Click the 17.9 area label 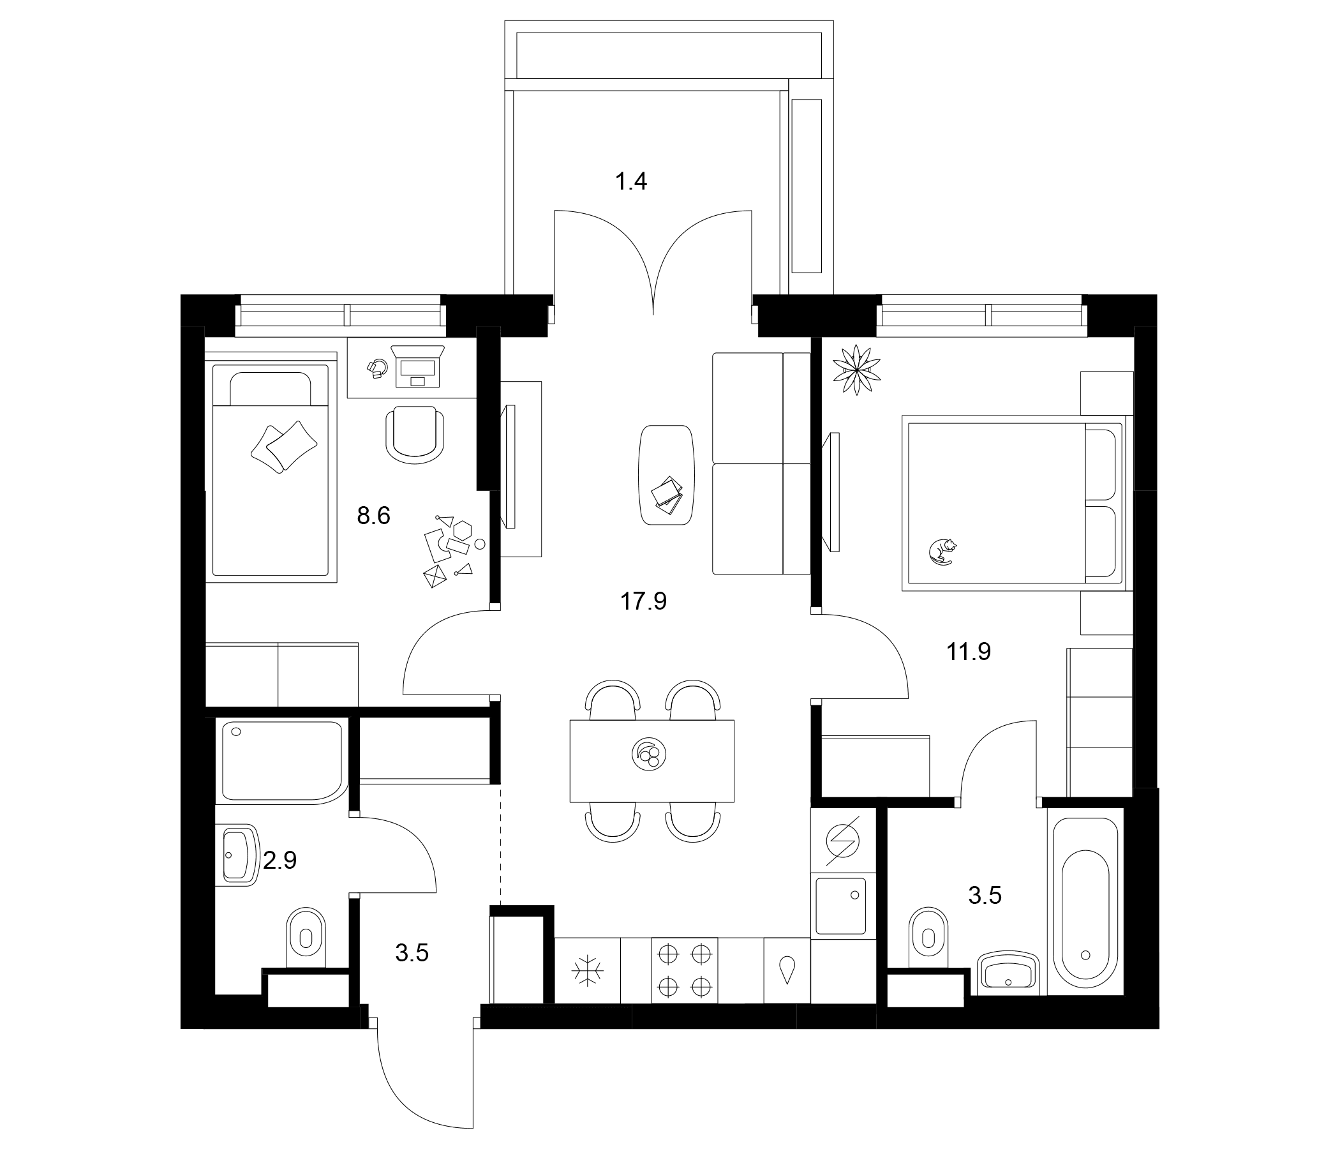pos(643,602)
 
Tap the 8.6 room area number pos(374,516)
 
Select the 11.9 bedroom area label pos(969,652)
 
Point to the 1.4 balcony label pos(630,182)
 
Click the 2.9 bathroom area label pos(280,860)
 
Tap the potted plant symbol pos(857,370)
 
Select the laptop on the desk pos(418,366)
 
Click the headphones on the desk pos(377,369)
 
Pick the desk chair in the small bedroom pos(415,434)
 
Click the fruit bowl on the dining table pos(649,754)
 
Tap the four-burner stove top pos(685,970)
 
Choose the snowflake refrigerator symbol pos(587,970)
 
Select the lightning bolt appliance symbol pos(843,842)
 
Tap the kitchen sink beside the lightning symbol pos(842,906)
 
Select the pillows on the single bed pos(284,446)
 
